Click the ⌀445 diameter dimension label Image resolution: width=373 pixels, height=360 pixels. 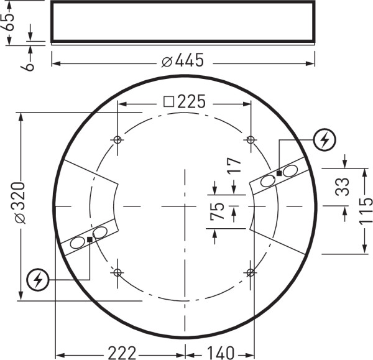coord(183,61)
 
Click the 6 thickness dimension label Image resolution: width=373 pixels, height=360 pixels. coord(29,62)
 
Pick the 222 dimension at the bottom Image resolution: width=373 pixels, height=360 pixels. coord(122,353)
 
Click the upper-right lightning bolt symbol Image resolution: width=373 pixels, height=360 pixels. coord(325,141)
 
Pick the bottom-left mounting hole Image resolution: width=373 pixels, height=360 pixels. coord(117,272)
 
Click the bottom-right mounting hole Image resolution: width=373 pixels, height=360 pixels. coord(251,272)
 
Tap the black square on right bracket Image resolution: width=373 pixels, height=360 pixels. coord(279,173)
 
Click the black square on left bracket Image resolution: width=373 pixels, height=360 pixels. coord(90,239)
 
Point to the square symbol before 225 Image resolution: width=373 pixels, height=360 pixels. coord(168,102)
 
